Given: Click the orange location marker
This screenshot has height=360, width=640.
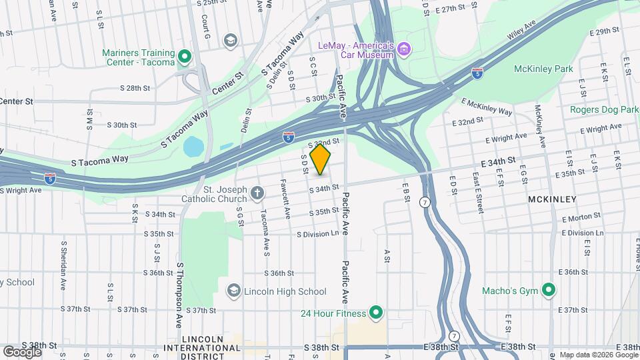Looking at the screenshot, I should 321,159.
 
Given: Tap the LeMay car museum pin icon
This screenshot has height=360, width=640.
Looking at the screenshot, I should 404,49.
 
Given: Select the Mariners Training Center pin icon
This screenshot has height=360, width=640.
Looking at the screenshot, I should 185,58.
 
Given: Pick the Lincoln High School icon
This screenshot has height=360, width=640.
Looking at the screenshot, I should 233,291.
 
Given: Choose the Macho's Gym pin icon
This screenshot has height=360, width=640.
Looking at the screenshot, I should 548,291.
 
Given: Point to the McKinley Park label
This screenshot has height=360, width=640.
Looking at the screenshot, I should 543,69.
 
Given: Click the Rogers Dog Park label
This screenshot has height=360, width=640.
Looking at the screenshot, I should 605,109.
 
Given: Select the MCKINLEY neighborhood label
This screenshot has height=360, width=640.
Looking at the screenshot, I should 550,199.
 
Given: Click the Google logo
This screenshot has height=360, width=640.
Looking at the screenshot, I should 22,351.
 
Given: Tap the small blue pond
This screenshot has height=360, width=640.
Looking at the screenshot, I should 193,146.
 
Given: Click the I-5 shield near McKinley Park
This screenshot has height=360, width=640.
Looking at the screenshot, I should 477,73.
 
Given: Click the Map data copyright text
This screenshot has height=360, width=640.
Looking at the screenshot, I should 598,355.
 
